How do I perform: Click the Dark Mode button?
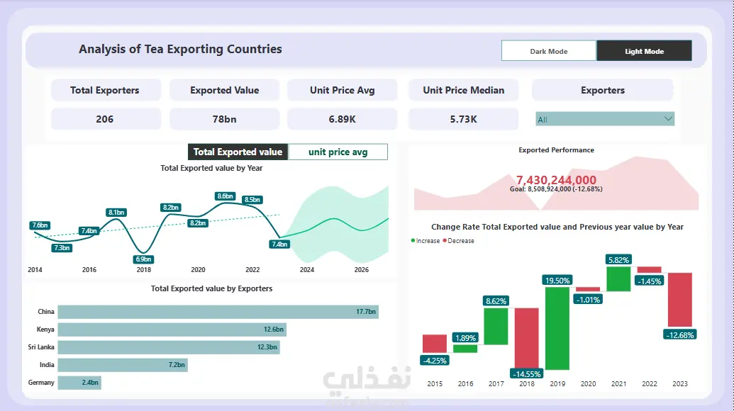(548, 51)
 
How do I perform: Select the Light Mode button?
(644, 51)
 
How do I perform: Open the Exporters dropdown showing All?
(604, 119)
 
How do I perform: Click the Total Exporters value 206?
(105, 119)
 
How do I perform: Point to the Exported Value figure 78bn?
(224, 119)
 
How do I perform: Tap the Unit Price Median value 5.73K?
(463, 119)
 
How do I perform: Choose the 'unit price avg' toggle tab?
(338, 152)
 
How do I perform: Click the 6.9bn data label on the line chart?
(143, 259)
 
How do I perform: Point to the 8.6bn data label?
(226, 196)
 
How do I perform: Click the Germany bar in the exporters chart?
(79, 383)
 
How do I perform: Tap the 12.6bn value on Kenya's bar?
(272, 330)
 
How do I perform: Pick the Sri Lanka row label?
(42, 347)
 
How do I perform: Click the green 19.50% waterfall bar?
(557, 327)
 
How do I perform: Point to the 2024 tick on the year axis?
(306, 270)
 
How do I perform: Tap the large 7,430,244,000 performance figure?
(556, 180)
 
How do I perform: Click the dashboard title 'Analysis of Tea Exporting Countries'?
(180, 50)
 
